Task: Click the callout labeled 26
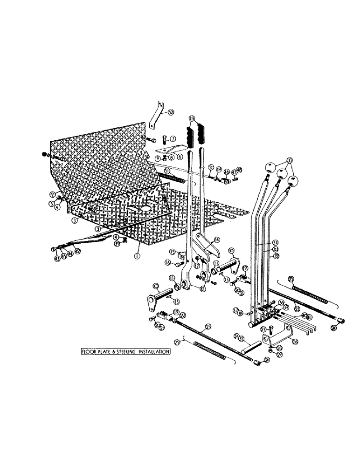coord(295,341)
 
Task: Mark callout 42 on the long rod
coord(77,250)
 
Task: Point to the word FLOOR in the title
coord(89,352)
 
